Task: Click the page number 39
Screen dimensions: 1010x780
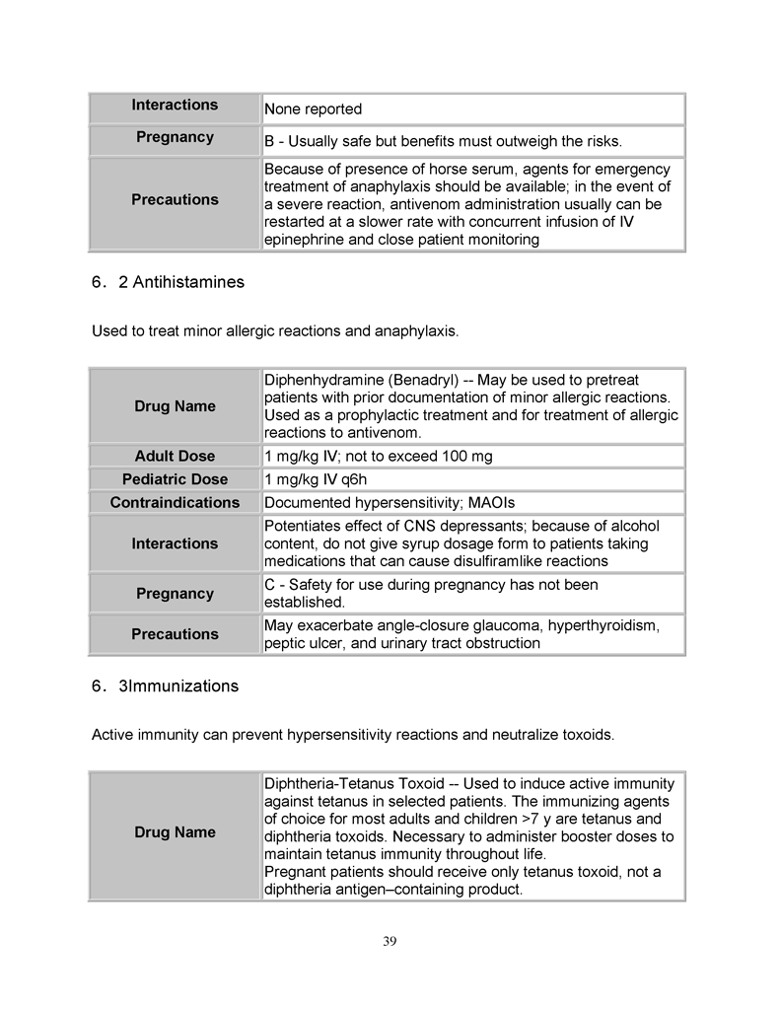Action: pyautogui.click(x=390, y=941)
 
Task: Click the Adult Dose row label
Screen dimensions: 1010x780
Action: pyautogui.click(x=175, y=456)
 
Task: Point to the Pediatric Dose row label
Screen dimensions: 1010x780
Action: pyautogui.click(x=175, y=479)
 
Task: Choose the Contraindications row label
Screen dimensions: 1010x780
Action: pyautogui.click(x=175, y=503)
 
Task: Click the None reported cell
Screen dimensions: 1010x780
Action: pyautogui.click(x=314, y=109)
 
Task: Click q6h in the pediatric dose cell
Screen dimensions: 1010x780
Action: pyautogui.click(x=351, y=479)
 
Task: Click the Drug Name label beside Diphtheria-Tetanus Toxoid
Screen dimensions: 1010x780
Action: pyautogui.click(x=175, y=832)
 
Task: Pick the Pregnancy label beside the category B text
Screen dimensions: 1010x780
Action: pyautogui.click(x=175, y=137)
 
